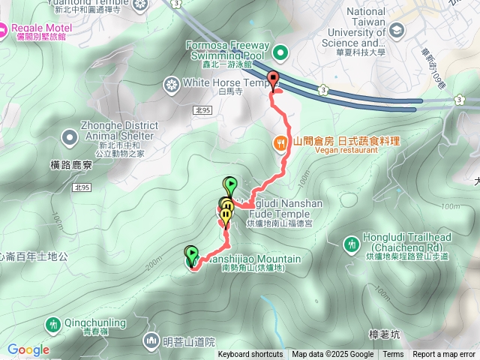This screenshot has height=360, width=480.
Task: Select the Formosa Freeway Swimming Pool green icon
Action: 280,52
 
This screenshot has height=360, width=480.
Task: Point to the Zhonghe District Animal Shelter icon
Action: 69,136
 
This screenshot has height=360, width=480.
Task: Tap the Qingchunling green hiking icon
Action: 52,325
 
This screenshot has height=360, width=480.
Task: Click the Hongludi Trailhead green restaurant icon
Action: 351,243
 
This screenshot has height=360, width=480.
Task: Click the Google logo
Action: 28,349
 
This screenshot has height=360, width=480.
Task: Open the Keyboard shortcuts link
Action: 250,355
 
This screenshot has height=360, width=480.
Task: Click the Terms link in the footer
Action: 393,355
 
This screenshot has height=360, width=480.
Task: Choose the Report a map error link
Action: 444,355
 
